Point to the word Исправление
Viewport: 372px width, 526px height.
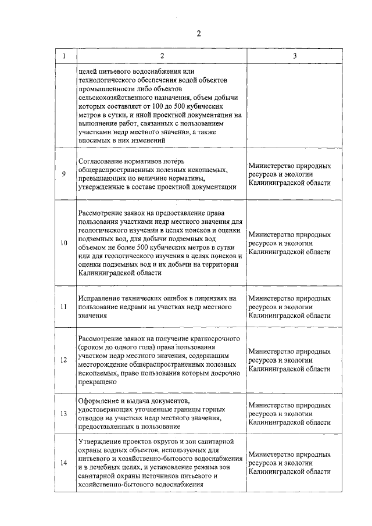pyautogui.click(x=98, y=298)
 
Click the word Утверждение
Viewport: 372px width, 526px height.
pyautogui.click(x=99, y=443)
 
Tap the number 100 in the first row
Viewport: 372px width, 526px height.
pyautogui.click(x=187, y=108)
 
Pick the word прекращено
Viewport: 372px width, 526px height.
pyautogui.click(x=96, y=383)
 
